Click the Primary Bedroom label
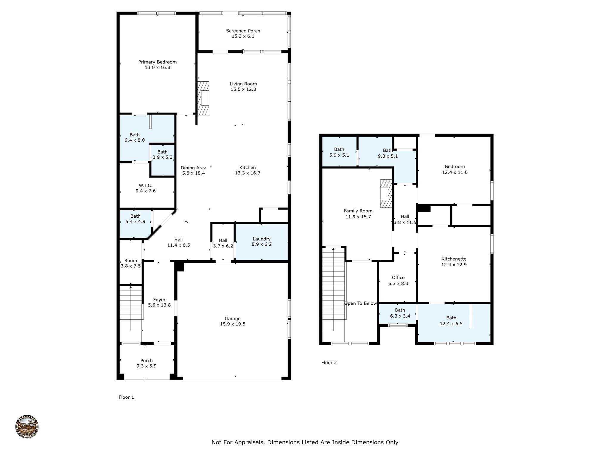[x=157, y=62]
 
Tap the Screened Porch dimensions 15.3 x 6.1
[x=243, y=36]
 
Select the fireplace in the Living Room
[x=204, y=98]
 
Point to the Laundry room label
[x=262, y=239]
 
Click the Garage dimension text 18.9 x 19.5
[x=232, y=324]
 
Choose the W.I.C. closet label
[x=145, y=185]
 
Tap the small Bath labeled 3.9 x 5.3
[x=162, y=154]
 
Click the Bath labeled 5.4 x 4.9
[x=135, y=219]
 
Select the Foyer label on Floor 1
[x=159, y=300]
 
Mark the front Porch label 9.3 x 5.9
[x=146, y=363]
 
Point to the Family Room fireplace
[x=385, y=194]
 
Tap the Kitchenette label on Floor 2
[x=454, y=259]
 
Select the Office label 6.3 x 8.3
[x=398, y=280]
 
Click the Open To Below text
[x=360, y=304]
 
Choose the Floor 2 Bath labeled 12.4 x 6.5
[x=451, y=321]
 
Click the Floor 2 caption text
[x=329, y=363]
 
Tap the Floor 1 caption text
[x=126, y=397]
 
